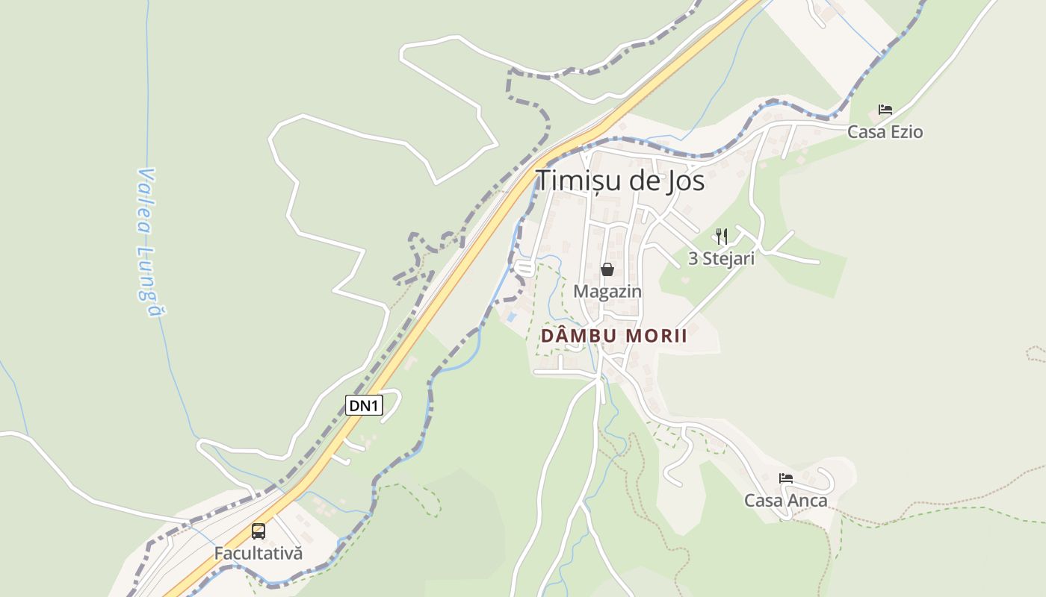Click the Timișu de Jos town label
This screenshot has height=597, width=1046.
click(620, 181)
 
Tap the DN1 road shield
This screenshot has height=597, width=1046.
click(365, 405)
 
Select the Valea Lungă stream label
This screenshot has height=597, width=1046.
click(149, 243)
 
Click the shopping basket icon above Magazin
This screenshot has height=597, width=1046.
click(607, 269)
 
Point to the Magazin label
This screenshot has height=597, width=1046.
click(607, 291)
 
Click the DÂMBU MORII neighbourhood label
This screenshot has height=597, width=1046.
click(613, 336)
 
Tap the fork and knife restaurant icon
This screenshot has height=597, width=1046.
click(721, 237)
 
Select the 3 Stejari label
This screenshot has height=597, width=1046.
click(721, 258)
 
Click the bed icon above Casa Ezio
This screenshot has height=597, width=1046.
click(885, 110)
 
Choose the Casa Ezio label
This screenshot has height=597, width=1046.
click(885, 132)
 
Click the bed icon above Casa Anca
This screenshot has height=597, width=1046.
click(786, 478)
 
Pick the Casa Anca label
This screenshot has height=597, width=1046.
click(786, 500)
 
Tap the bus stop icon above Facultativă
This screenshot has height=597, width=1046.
click(259, 531)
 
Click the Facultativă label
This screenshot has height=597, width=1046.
click(259, 554)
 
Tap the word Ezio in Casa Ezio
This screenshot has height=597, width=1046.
click(906, 132)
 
